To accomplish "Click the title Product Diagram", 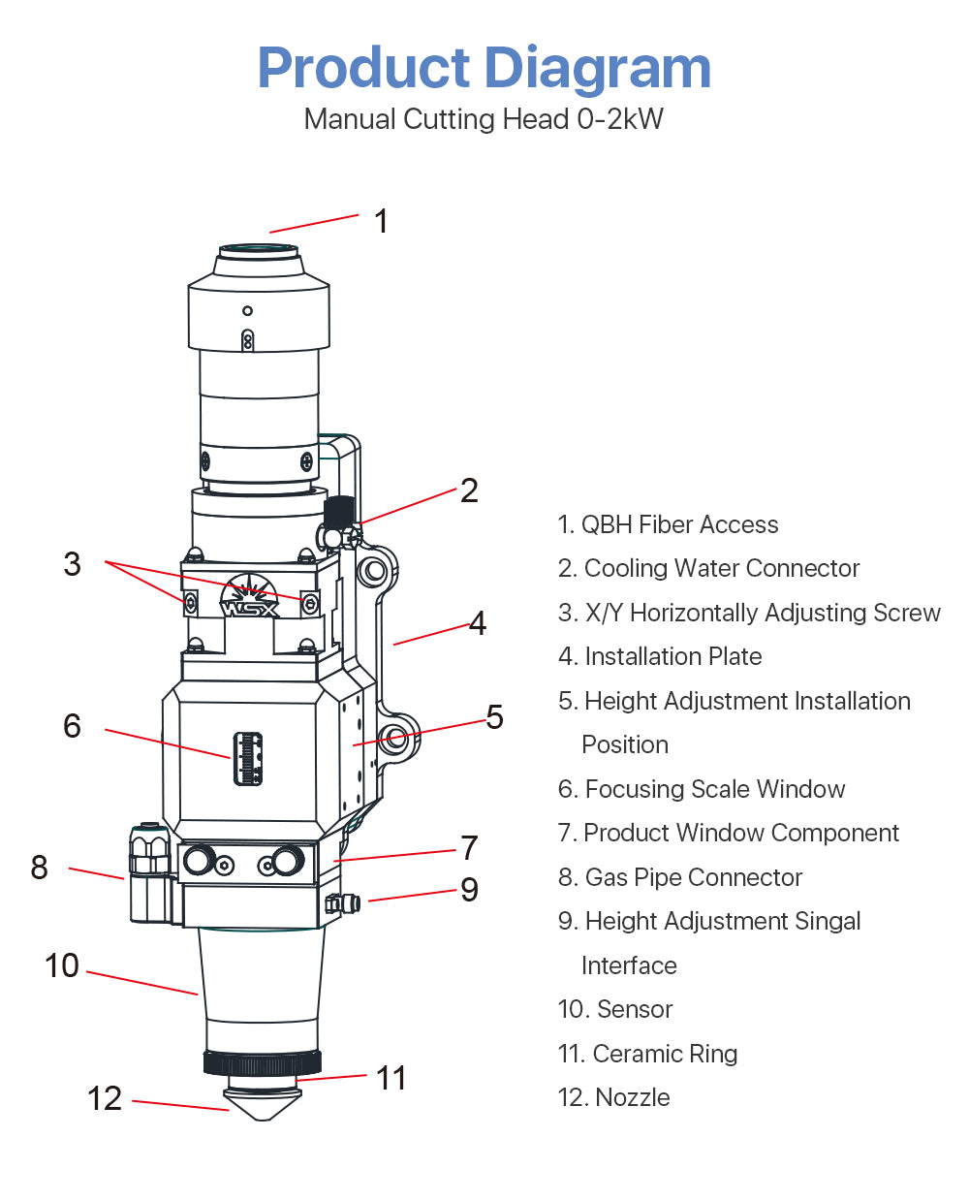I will pos(484,68).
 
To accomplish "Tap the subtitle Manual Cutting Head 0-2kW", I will pos(484,119).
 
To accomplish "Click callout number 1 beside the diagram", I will pos(382,221).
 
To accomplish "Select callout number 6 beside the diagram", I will pos(72,726).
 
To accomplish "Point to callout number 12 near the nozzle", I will pos(105,1098).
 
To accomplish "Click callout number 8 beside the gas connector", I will pos(39,867).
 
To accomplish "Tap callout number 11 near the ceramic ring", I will pos(391,1077).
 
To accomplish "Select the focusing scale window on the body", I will pos(247,758).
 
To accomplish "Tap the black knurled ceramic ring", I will pos(262,1063).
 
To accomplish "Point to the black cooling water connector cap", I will pos(339,510).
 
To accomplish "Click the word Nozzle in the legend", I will pos(633,1097).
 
